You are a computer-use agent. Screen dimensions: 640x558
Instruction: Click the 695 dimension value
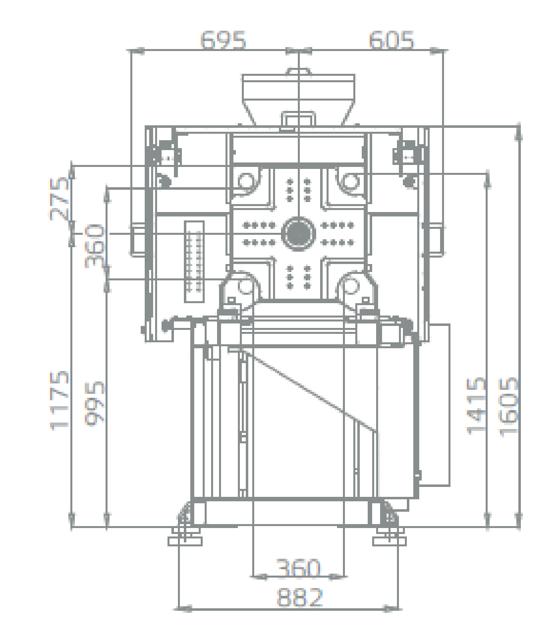(x=223, y=40)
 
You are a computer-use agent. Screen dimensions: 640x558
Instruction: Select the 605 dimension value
(x=391, y=40)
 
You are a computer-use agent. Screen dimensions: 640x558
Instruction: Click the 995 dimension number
(x=95, y=403)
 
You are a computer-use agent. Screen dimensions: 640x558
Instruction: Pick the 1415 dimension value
(x=476, y=405)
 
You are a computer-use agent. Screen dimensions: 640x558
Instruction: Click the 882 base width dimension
(x=300, y=597)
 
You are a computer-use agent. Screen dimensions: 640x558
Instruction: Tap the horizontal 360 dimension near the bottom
(x=298, y=568)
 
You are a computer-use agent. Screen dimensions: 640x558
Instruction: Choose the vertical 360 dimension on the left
(x=95, y=246)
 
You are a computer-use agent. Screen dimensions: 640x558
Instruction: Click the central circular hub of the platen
(x=298, y=232)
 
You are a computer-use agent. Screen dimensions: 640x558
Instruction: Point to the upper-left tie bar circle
(x=247, y=182)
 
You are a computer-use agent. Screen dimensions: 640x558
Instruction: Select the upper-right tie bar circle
(x=350, y=182)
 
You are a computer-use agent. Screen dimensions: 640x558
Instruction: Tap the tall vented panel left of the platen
(x=194, y=261)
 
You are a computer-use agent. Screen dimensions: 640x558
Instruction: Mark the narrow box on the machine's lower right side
(x=436, y=404)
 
